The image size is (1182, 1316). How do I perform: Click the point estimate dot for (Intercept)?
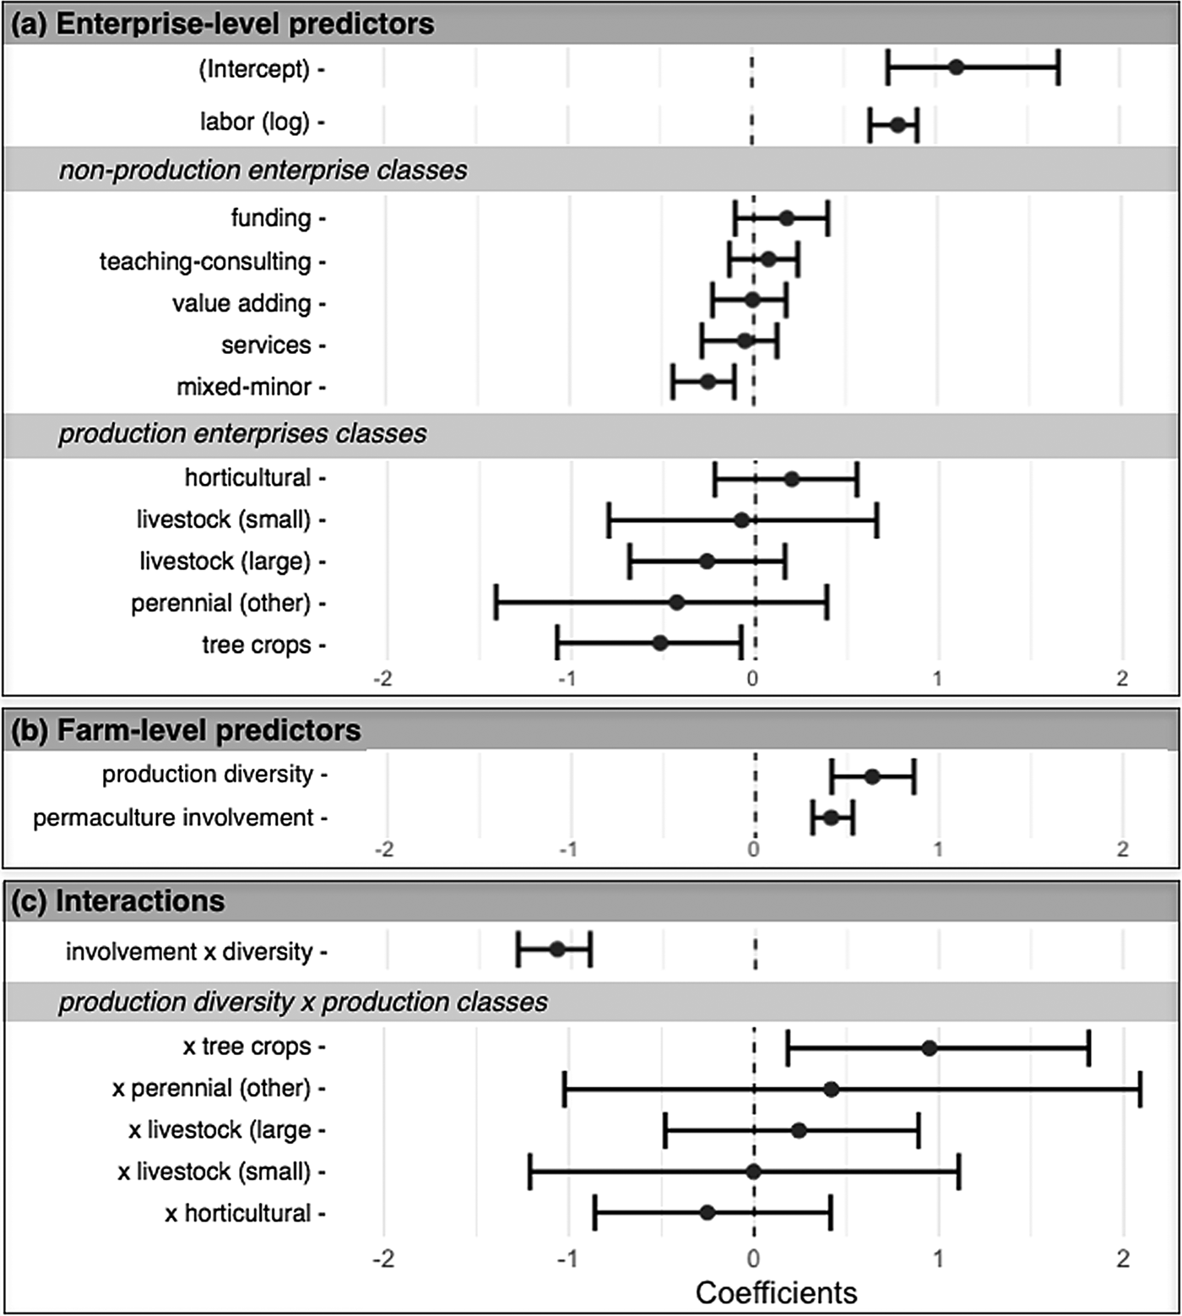956,68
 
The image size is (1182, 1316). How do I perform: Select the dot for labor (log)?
897,125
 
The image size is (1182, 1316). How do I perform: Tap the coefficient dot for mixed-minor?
708,382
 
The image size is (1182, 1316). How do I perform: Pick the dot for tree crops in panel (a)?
660,643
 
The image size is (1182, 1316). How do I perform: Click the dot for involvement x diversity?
557,949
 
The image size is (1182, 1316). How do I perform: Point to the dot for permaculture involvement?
831,817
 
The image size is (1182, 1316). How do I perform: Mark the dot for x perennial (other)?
832,1089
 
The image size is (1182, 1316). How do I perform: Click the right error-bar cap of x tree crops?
1089,1047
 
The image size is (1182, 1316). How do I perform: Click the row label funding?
271,218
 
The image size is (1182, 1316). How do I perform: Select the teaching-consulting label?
205,262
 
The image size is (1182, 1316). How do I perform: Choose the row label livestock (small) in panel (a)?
224,519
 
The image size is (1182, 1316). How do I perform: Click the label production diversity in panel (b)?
208,774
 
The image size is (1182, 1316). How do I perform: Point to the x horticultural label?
238,1213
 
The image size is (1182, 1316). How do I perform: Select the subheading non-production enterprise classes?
263,170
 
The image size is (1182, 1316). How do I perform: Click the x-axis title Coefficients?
776,1292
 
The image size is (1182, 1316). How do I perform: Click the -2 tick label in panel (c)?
383,1259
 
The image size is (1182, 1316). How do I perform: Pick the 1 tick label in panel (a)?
937,678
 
